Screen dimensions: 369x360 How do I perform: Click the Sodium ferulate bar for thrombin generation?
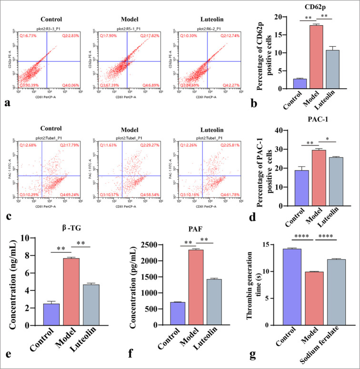coord(335,292)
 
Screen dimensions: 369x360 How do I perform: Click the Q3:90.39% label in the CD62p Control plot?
coord(29,85)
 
